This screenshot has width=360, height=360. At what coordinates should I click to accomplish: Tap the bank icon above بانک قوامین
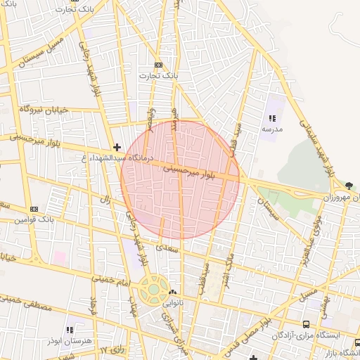tap(34, 209)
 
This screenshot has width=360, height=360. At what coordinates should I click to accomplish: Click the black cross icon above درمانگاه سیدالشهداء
tap(117, 147)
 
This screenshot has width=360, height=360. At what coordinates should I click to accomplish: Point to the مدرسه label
tap(272, 129)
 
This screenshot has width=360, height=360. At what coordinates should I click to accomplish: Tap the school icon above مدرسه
tap(272, 118)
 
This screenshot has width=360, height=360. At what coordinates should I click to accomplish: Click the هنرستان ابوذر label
tap(68, 340)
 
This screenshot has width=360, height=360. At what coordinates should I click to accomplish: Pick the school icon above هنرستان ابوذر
tap(69, 329)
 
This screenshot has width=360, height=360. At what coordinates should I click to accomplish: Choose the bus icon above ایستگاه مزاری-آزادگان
tap(305, 324)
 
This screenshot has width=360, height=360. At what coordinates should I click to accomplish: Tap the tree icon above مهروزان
tap(349, 186)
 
